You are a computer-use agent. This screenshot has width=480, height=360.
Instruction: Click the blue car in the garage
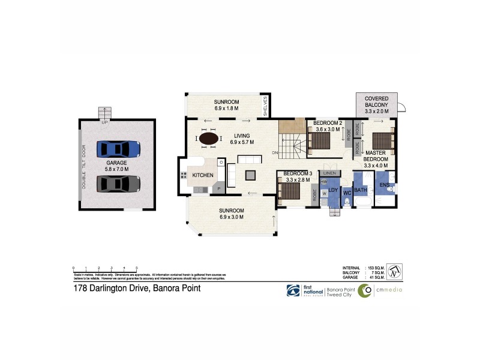[x=118, y=148]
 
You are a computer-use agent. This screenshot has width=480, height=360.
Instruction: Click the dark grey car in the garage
[x=118, y=183]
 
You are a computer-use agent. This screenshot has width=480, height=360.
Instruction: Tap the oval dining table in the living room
[x=209, y=139]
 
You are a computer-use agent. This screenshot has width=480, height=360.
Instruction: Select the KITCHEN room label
[x=202, y=175]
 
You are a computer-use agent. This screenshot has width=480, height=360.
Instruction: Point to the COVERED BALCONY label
[x=376, y=101]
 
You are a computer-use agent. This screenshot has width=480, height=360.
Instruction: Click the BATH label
[x=360, y=191]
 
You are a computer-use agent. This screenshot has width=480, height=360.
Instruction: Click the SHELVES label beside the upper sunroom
[x=265, y=107]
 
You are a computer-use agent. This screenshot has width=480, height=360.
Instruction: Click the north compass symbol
[x=394, y=271]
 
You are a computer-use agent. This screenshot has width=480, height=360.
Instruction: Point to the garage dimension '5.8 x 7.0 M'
[x=117, y=170]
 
